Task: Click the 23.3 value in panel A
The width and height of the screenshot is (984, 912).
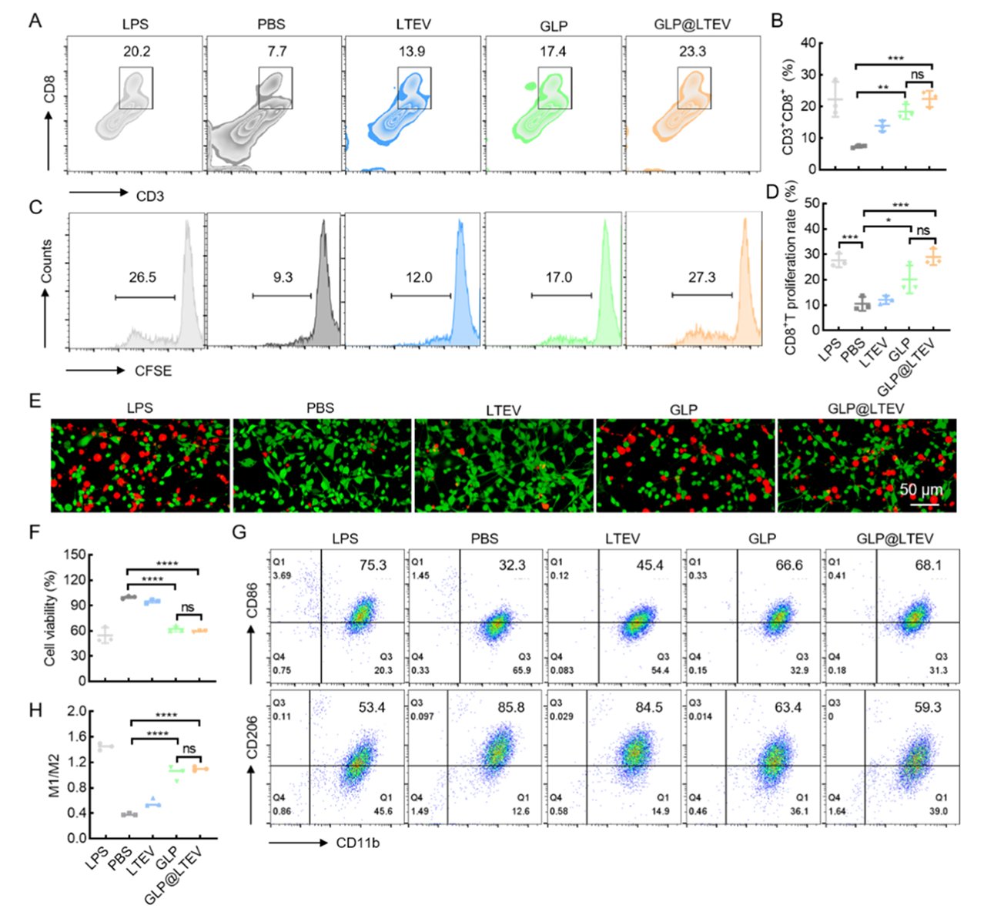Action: tap(691, 52)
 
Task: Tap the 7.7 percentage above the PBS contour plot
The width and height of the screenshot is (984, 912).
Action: tap(274, 52)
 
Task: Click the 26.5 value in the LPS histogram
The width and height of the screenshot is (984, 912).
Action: tap(142, 278)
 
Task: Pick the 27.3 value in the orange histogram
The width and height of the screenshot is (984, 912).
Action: tap(701, 277)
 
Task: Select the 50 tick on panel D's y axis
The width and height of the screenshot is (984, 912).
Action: tap(808, 203)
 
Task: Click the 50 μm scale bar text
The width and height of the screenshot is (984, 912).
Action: tap(921, 490)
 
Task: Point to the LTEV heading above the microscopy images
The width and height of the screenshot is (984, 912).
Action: tap(504, 411)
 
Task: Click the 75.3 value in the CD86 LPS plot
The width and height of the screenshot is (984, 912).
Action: tap(373, 565)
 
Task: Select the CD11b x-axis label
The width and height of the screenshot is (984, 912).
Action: tap(357, 843)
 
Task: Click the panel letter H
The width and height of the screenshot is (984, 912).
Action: tap(35, 710)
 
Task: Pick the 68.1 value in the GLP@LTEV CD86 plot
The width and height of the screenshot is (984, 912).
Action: tap(928, 565)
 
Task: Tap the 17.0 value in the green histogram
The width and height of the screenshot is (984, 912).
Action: tap(559, 277)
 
